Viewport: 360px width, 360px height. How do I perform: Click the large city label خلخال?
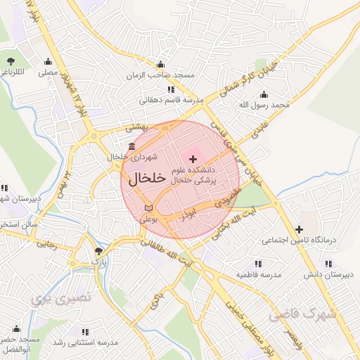[x=147, y=178]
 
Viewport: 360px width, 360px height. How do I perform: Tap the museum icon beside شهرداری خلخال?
[x=132, y=146]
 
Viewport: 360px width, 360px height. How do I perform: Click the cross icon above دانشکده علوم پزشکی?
[x=193, y=160]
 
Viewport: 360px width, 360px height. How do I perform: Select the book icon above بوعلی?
[x=148, y=208]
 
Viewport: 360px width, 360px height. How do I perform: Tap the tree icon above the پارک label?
[x=98, y=251]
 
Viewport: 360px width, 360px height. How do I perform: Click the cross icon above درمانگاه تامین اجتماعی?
[x=300, y=229]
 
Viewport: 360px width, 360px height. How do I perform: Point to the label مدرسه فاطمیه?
[x=258, y=274]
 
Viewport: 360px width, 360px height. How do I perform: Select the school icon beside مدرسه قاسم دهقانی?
[x=171, y=90]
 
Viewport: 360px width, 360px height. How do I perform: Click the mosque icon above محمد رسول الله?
[x=264, y=95]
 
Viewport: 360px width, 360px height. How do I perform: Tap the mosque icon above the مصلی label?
[x=47, y=61]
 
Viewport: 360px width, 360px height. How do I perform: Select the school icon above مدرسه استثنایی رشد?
[x=85, y=332]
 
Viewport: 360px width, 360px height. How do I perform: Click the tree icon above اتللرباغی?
[x=11, y=61]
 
